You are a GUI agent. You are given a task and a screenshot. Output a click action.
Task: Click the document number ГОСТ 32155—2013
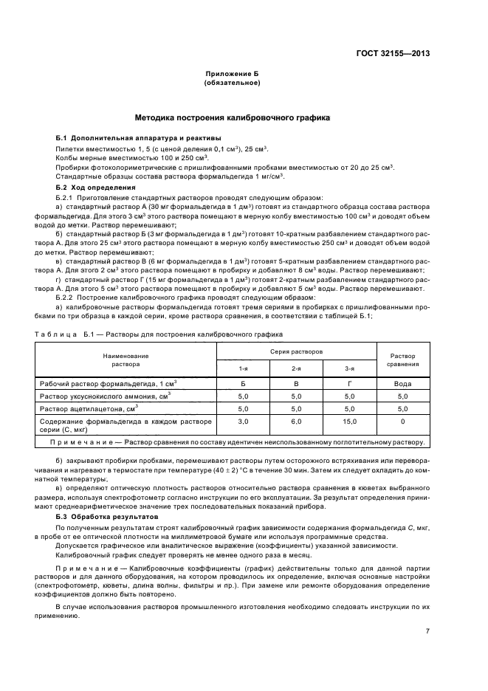(394, 53)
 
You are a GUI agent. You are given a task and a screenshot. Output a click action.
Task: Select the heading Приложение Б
(232, 75)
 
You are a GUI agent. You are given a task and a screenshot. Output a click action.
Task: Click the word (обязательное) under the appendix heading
(232, 83)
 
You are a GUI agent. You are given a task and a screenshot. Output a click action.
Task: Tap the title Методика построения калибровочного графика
(232, 117)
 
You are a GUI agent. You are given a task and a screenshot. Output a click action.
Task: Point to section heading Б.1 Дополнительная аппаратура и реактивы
(137, 139)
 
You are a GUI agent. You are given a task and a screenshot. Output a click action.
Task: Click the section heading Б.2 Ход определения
(95, 188)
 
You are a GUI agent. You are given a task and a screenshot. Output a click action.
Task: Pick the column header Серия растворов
(296, 351)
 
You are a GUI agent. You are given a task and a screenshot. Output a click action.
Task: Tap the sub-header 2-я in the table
(296, 368)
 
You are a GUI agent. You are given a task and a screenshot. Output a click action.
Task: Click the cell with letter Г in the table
(349, 384)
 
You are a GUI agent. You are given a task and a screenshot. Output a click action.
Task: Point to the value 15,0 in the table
(349, 422)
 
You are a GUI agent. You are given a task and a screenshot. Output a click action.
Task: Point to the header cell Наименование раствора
(126, 360)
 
